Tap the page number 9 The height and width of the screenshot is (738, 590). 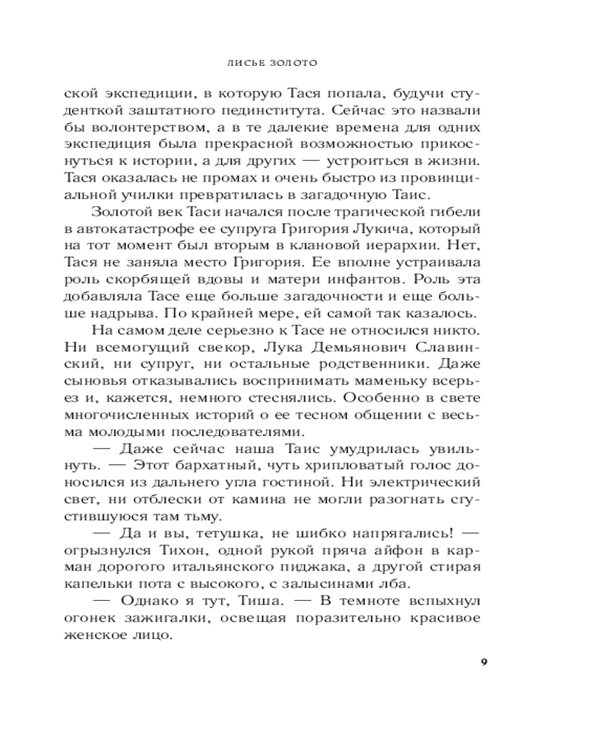coord(484,661)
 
